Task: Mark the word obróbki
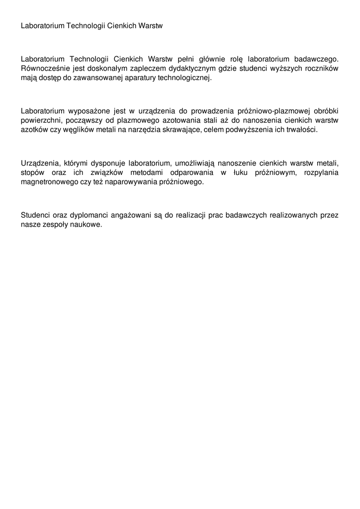point(324,111)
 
